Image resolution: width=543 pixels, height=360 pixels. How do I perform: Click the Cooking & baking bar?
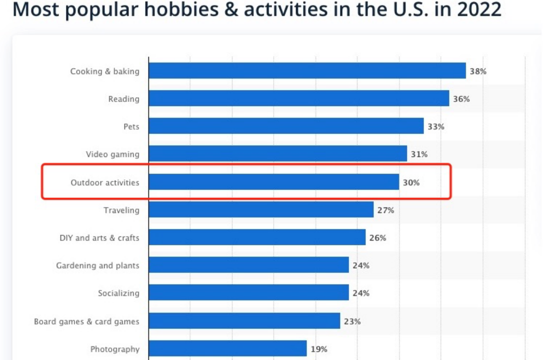(307, 71)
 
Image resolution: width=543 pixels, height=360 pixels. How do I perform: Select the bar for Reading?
(298, 98)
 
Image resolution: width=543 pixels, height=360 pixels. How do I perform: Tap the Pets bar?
(286, 126)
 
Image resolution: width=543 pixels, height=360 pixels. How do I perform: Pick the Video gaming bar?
(277, 154)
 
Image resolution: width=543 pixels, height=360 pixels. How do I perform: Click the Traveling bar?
(261, 210)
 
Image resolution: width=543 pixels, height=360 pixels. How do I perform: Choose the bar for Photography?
(227, 348)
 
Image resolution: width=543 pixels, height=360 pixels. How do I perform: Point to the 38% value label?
(478, 71)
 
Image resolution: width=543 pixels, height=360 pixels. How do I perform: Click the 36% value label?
(461, 99)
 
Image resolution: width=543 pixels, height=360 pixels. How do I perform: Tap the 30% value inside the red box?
(411, 182)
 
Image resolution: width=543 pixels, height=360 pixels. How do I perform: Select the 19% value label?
(319, 349)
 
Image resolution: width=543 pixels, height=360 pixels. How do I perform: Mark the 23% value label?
(352, 321)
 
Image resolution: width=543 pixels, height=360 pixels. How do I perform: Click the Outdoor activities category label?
(105, 182)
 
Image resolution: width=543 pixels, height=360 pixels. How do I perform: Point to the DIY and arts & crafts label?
(99, 238)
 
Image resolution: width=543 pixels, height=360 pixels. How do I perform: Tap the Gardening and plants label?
(97, 265)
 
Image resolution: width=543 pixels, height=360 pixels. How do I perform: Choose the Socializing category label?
(118, 293)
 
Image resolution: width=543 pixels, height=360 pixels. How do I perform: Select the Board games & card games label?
(86, 321)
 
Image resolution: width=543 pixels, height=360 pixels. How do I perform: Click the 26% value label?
(377, 238)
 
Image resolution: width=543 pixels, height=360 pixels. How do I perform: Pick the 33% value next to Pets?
(435, 126)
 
